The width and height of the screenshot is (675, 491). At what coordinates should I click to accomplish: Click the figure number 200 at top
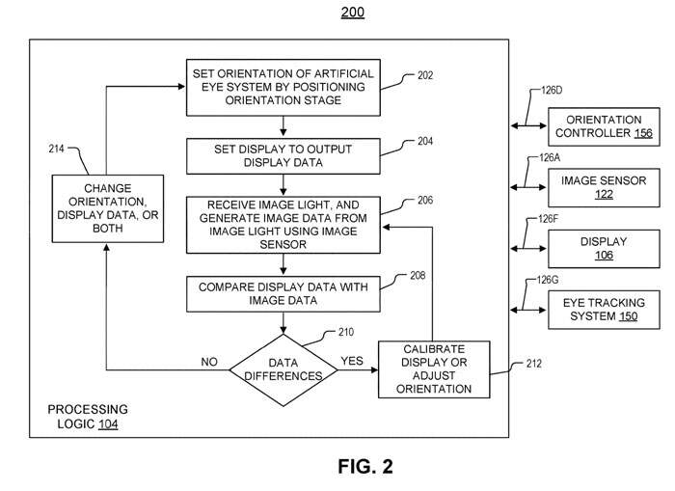(352, 14)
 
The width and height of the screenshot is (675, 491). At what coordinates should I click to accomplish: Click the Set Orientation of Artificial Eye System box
(283, 88)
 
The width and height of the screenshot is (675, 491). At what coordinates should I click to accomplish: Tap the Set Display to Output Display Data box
(283, 155)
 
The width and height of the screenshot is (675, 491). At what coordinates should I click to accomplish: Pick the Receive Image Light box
(283, 225)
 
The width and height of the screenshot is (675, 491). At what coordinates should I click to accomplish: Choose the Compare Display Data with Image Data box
(283, 294)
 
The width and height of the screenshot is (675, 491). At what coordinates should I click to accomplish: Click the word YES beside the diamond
(352, 361)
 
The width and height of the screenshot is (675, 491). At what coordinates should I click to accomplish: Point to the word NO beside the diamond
(209, 361)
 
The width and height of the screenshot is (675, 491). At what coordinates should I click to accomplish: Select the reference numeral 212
(534, 364)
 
